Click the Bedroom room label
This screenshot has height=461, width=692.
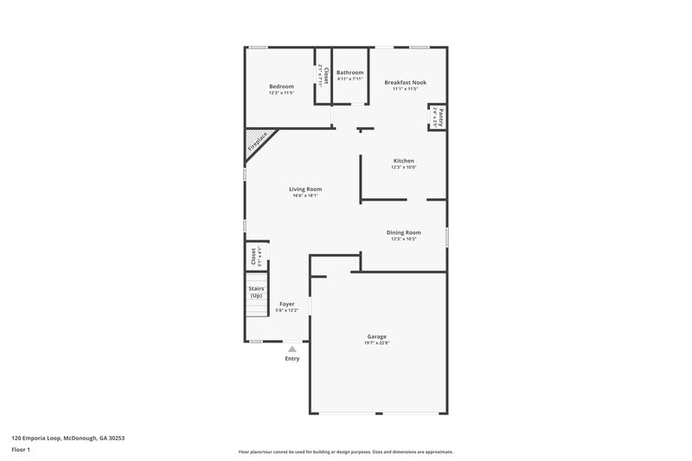[x=281, y=86]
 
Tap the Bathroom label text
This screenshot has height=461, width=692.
[x=350, y=72]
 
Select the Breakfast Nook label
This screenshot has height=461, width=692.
[x=405, y=82]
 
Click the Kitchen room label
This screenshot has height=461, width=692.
[x=404, y=161]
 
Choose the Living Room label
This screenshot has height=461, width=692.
[x=305, y=189]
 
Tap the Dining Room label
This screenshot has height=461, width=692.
[x=404, y=232]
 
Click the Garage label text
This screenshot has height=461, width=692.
[x=376, y=336]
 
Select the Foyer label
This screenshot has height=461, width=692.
[x=286, y=304]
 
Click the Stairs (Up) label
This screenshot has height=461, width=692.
[x=256, y=291]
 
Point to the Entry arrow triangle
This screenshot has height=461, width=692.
[x=292, y=349]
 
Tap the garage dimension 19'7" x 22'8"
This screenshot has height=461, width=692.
[x=376, y=343]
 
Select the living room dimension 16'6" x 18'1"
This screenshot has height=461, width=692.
[x=305, y=196]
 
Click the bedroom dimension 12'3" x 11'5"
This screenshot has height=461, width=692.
[x=281, y=93]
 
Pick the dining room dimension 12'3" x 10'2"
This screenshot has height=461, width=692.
[x=404, y=239]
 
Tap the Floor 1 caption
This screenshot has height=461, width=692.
[x=22, y=450]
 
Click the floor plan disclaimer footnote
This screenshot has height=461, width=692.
[x=345, y=451]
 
